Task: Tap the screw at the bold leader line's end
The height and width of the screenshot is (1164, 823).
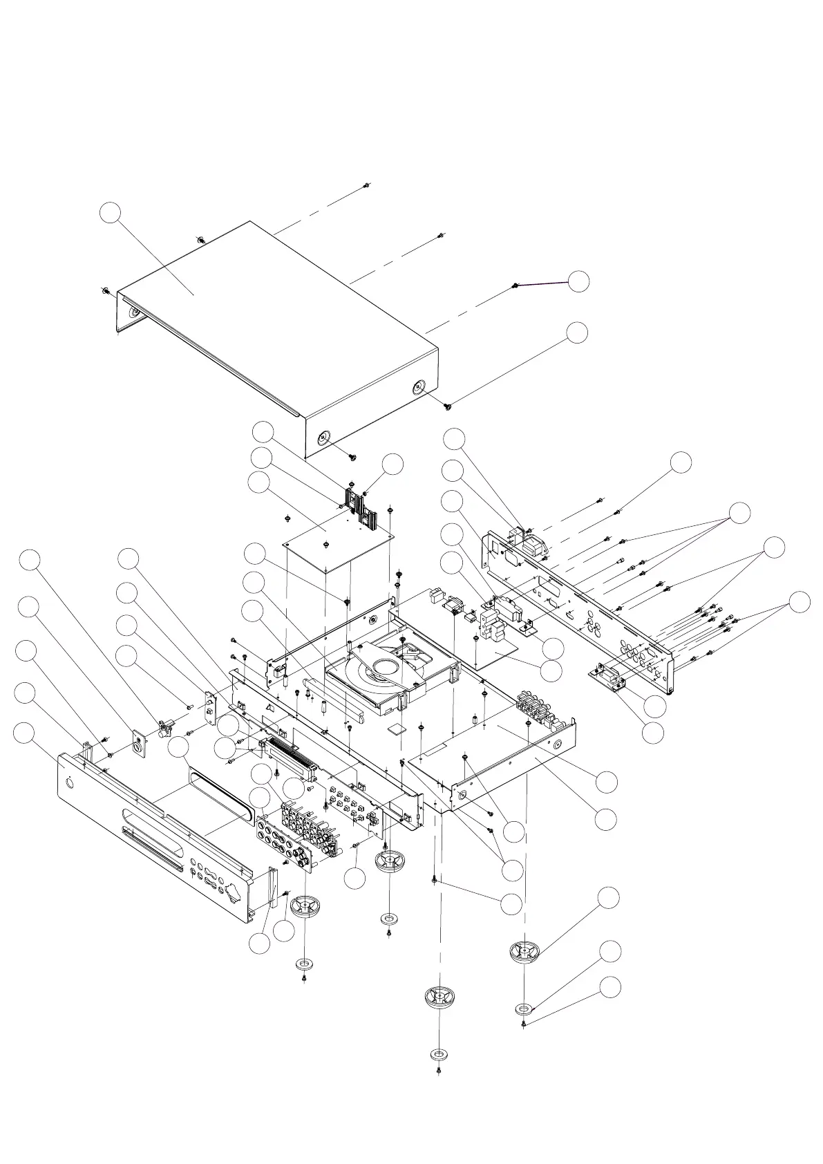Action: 515,285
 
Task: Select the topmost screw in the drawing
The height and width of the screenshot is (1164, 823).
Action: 367,185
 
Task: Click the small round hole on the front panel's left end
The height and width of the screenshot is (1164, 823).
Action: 70,781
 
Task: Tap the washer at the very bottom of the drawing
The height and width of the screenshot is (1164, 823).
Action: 438,1055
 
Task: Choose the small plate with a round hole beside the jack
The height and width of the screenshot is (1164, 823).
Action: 140,744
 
